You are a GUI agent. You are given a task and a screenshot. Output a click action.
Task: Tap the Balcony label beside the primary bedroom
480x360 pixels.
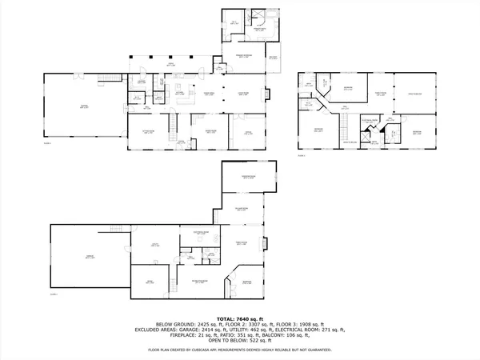(x=274, y=57)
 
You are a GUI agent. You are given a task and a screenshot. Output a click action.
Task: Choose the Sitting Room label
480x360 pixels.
(x=147, y=132)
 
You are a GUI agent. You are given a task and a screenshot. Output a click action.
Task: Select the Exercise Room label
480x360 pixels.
(x=248, y=178)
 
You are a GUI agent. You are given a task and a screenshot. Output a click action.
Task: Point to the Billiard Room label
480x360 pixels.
(x=241, y=210)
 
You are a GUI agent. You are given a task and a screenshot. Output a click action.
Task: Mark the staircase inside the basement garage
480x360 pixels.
(x=118, y=230)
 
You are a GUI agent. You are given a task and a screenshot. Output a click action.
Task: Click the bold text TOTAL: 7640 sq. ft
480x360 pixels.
(x=241, y=317)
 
